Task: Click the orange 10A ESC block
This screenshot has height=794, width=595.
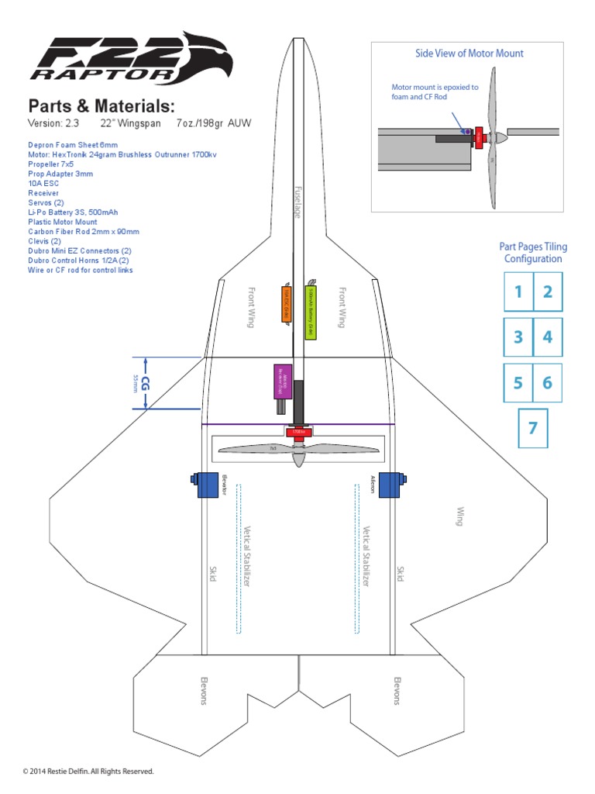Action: pyautogui.click(x=286, y=303)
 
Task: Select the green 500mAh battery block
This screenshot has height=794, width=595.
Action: pyautogui.click(x=310, y=308)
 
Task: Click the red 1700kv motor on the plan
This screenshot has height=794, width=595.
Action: pyautogui.click(x=298, y=433)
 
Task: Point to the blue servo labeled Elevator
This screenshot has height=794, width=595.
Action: pyautogui.click(x=206, y=485)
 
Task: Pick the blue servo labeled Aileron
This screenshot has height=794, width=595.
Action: pyautogui.click(x=390, y=485)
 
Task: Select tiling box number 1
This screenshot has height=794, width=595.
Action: pyautogui.click(x=518, y=292)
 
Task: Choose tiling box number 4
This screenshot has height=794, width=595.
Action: pyautogui.click(x=547, y=337)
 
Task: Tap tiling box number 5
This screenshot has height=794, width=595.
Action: pyautogui.click(x=518, y=383)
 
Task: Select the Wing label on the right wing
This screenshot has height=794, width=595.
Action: pyautogui.click(x=459, y=516)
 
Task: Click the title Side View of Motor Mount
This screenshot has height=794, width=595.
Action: pyautogui.click(x=469, y=54)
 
